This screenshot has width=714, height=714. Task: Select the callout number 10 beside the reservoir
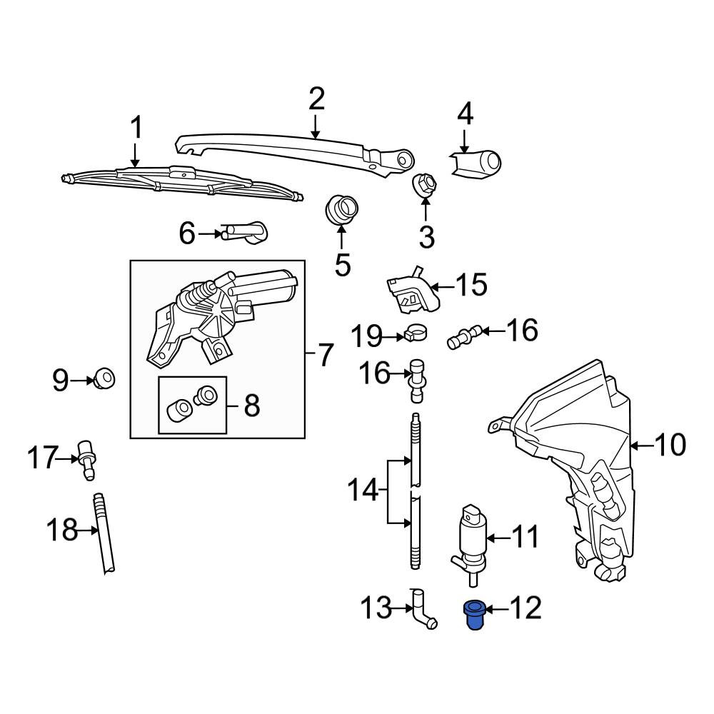tap(670, 444)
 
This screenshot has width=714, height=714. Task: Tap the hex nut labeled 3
tap(424, 185)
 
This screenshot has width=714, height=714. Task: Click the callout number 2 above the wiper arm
tap(316, 99)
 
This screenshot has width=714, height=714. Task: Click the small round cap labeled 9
tap(104, 378)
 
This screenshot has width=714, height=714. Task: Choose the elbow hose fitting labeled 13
tap(423, 610)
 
